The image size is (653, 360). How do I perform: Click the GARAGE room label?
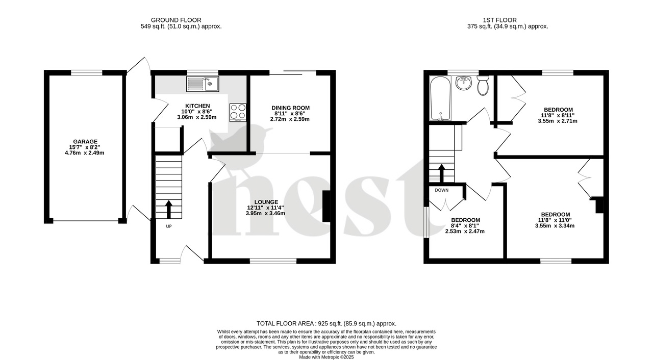85,142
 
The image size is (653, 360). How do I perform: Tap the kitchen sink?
203,84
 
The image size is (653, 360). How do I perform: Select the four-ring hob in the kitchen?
238,112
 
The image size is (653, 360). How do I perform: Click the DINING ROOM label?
290,108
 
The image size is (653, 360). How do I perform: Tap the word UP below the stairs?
169,226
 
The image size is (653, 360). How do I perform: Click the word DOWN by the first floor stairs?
442,190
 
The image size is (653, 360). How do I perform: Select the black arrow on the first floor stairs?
442,173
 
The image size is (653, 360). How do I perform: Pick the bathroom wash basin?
464,83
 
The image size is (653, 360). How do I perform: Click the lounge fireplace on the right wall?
326,206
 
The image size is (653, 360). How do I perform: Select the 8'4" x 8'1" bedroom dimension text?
465,226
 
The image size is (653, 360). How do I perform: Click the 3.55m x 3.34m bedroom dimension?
556,226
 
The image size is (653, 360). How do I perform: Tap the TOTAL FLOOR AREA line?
326,323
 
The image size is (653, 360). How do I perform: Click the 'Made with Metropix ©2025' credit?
326,357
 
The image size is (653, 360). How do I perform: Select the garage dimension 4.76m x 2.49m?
85,153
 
